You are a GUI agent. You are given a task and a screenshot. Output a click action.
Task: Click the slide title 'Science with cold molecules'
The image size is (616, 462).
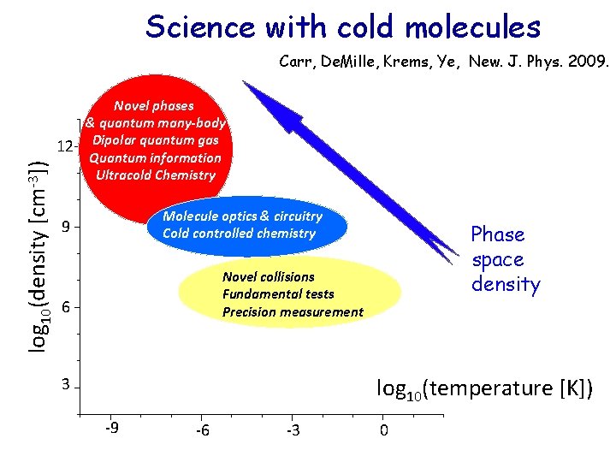coord(343,27)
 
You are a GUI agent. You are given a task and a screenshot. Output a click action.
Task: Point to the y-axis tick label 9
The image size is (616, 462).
coord(66,228)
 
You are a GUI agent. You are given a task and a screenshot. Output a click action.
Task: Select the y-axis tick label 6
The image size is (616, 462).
coord(66,307)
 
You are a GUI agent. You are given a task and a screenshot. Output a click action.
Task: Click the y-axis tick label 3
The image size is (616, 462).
coord(66,385)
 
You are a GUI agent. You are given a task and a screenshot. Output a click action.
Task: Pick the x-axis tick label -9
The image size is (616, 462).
coord(111,429)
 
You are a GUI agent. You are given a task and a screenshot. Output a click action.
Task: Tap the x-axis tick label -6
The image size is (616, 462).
coord(202,430)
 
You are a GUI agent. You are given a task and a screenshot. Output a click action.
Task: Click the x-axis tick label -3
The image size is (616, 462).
coord(293,430)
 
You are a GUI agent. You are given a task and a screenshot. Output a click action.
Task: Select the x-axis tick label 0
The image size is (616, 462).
coord(383,430)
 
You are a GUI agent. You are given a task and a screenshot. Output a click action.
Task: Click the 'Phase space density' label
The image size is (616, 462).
coord(506,259)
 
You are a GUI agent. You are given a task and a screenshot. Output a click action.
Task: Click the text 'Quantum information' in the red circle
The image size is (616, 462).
coord(155,157)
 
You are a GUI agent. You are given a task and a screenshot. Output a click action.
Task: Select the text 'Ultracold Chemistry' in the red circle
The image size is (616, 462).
coord(156,175)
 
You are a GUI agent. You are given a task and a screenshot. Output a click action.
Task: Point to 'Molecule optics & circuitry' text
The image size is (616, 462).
coord(242,216)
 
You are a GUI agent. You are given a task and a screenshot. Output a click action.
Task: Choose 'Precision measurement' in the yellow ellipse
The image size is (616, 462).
coord(293,312)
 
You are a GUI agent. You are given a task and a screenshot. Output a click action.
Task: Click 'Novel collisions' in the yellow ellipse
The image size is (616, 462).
coord(268,277)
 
